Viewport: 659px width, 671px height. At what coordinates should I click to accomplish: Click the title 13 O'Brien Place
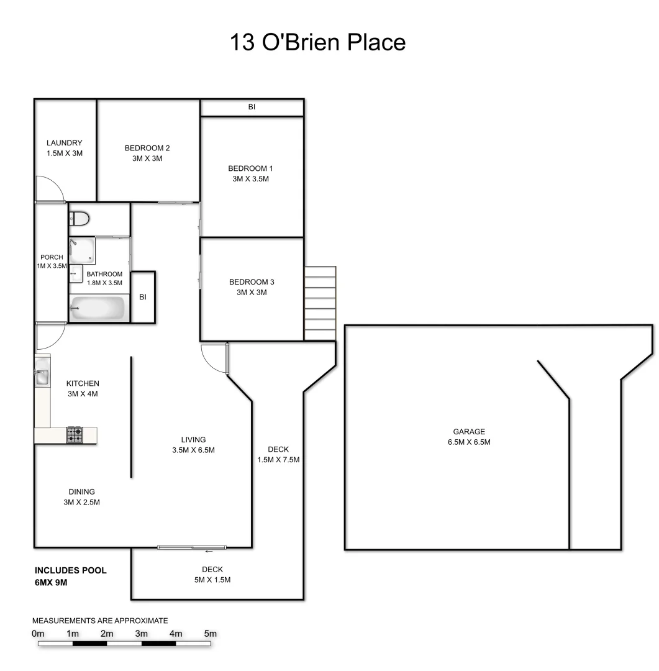coord(317,42)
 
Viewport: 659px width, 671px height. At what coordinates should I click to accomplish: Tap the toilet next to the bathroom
coord(80,218)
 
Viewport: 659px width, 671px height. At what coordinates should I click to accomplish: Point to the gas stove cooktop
coord(75,435)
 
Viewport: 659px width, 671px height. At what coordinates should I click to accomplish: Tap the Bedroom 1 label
coord(251,168)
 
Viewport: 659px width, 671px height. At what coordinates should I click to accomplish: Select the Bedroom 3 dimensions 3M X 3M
coord(251,292)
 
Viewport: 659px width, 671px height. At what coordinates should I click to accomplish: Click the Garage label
coord(469,432)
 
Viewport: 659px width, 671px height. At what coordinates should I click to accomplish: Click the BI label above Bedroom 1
coord(252,107)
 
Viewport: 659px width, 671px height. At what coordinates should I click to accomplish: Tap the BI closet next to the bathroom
coord(142,297)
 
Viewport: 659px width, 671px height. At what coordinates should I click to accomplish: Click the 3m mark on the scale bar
coord(142,634)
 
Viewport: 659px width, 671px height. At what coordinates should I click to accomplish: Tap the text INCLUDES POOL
coord(71,570)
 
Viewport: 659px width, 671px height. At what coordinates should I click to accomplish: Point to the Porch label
coord(50,257)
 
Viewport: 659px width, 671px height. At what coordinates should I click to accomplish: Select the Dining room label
coord(81,491)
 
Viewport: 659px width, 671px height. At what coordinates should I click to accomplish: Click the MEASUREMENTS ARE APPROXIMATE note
coord(100,620)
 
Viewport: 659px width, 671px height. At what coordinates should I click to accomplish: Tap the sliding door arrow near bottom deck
coord(209,551)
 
